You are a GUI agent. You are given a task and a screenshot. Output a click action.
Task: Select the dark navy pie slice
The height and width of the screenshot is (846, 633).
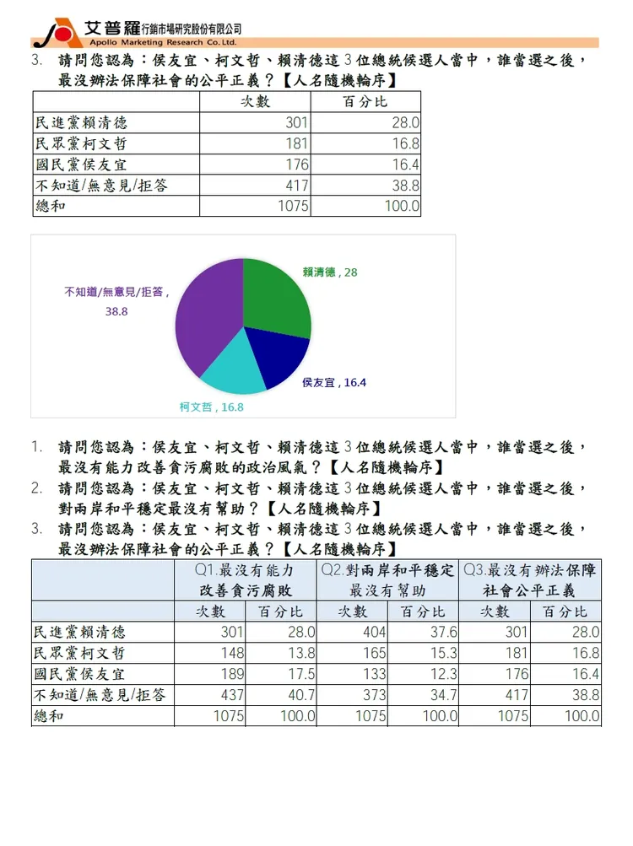tap(279, 358)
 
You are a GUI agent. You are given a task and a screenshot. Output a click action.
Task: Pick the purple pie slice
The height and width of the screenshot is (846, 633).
tap(203, 312)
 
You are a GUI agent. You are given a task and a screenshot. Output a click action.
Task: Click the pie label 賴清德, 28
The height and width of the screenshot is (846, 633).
tap(330, 272)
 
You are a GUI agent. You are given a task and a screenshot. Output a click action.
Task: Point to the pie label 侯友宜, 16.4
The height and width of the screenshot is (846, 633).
tap(334, 382)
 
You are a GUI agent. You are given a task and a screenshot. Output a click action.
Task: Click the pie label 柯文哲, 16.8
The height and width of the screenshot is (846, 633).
tap(211, 407)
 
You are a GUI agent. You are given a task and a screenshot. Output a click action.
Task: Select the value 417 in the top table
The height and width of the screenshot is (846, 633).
tap(296, 186)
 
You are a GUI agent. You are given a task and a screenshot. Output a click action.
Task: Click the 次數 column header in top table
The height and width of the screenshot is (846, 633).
tap(255, 102)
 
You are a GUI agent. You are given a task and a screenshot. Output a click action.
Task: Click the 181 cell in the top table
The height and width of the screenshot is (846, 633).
tap(296, 144)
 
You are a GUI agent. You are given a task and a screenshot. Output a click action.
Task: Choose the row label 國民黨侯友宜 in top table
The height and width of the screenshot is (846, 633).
tap(81, 165)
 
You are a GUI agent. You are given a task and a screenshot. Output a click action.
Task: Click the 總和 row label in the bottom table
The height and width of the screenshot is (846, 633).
tap(50, 717)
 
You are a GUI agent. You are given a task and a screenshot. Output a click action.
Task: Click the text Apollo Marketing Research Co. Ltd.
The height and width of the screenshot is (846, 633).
tap(160, 41)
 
